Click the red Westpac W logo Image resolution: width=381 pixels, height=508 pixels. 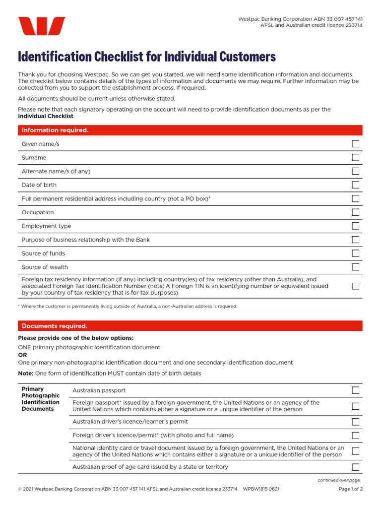(x=41, y=26)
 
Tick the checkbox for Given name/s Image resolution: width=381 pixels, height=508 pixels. (x=356, y=144)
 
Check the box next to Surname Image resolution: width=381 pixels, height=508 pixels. (x=356, y=158)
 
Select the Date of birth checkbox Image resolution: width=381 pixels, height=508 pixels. (x=356, y=185)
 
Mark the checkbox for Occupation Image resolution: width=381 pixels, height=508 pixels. (x=356, y=212)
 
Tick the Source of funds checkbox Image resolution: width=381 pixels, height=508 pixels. (x=356, y=254)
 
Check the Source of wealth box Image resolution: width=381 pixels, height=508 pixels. (x=356, y=267)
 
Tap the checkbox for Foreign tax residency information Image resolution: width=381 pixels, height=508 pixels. (x=356, y=286)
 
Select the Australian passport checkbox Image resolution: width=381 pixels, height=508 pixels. (x=356, y=390)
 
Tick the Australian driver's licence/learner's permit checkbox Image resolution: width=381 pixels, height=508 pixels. (x=356, y=422)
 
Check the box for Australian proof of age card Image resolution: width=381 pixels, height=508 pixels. (x=356, y=467)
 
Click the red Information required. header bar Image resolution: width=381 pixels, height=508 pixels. (x=190, y=130)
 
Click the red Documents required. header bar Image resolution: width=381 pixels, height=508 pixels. (x=190, y=326)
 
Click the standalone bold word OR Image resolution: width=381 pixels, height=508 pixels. (x=22, y=355)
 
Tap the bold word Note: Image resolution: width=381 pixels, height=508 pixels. (x=26, y=374)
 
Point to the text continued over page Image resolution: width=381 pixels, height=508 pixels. (x=339, y=480)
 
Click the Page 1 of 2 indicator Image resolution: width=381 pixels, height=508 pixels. (x=350, y=489)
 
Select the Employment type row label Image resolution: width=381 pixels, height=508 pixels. (x=46, y=226)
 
